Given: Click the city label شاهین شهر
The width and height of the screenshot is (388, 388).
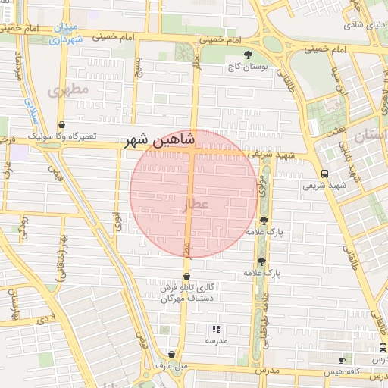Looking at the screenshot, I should tap(160, 140).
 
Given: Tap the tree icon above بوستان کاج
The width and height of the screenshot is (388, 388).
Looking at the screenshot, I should tap(249, 54).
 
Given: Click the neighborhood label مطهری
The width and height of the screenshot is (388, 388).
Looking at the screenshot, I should tap(68, 90).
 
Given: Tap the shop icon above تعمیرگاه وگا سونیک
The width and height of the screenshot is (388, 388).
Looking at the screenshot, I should tap(61, 125).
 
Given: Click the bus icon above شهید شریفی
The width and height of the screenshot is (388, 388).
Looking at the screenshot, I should tap(324, 174).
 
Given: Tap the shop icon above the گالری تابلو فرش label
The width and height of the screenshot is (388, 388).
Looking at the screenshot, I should tap(186, 276).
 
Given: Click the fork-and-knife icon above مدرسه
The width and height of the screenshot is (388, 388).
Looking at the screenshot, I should tap(216, 329).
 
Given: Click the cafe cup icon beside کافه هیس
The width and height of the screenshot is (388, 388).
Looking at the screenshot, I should tap(342, 360).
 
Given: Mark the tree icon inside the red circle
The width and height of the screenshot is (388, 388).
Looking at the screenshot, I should tap(264, 221).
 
